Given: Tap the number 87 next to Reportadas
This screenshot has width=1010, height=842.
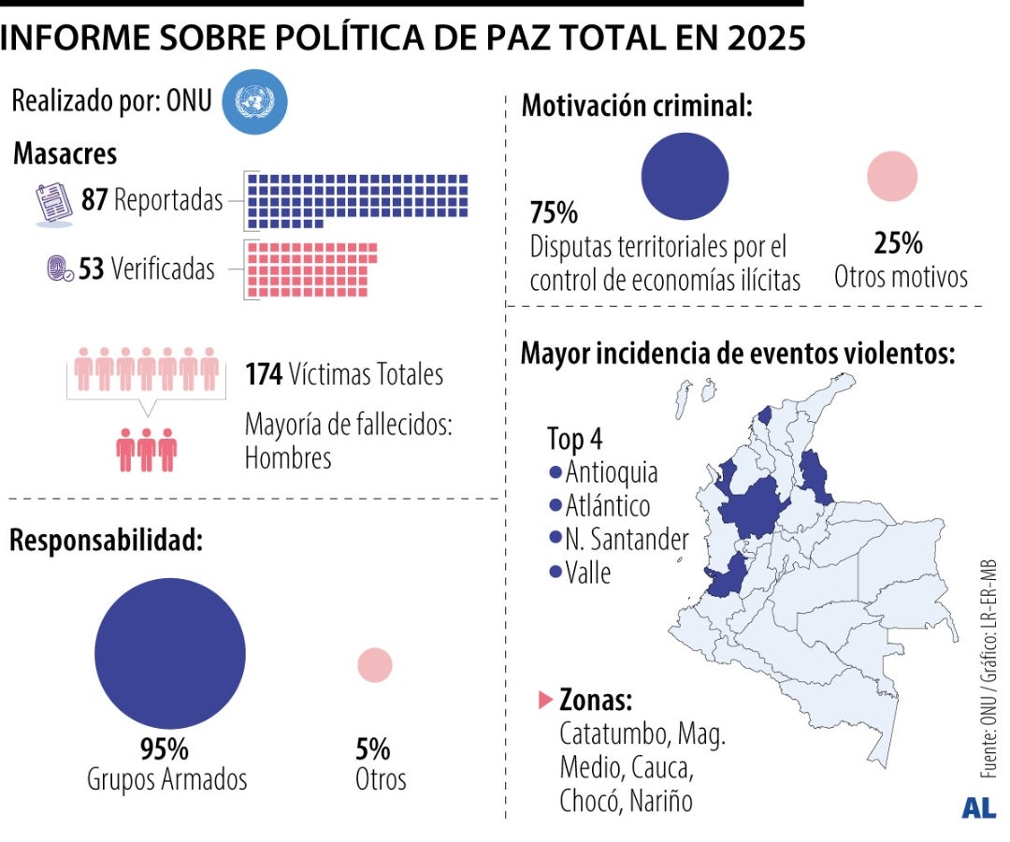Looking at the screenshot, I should point(94,200).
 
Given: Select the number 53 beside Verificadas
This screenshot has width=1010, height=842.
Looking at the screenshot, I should point(91,269).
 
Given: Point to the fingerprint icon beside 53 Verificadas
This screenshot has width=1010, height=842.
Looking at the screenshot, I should point(60,270).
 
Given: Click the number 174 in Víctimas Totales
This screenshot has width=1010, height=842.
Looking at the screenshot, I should point(265,374).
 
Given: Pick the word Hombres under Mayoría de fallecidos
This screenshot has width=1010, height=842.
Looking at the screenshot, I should point(288,458).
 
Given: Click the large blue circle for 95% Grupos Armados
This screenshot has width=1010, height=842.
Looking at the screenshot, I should point(170,653).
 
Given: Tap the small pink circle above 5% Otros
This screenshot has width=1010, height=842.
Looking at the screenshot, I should point(375,664).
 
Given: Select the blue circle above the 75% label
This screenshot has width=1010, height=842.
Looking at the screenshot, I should point(685,176).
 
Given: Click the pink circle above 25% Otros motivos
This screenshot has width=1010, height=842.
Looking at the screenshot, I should point(892,176).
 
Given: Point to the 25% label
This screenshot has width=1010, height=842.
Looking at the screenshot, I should point(899,244).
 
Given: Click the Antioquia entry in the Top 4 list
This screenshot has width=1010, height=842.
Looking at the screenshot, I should point(610,472).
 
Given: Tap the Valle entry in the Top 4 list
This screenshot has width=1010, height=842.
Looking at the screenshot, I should point(586,573).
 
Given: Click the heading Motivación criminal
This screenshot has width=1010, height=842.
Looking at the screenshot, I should point(637,106).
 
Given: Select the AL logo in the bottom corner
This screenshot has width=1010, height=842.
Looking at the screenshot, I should point(978,808).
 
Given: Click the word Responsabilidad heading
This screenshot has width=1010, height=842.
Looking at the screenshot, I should point(106,540).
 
